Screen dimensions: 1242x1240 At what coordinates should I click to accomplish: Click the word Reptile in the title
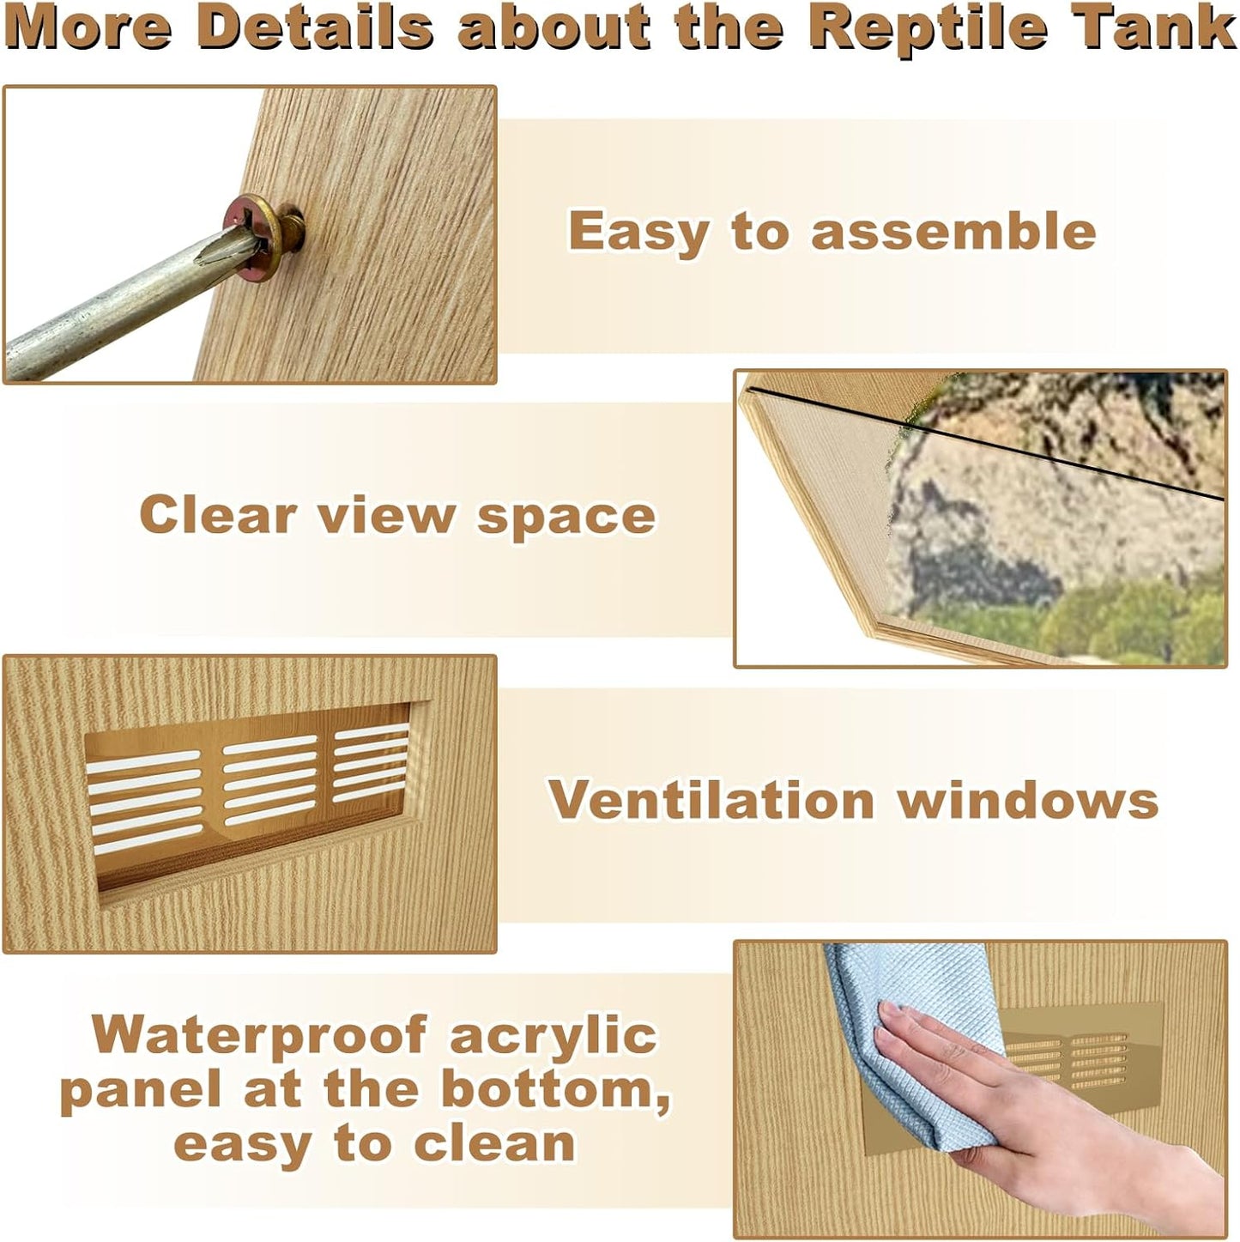pyautogui.click(x=928, y=27)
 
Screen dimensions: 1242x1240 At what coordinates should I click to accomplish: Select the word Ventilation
pyautogui.click(x=711, y=800)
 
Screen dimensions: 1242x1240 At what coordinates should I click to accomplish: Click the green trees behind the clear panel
pyautogui.click(x=1133, y=622)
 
